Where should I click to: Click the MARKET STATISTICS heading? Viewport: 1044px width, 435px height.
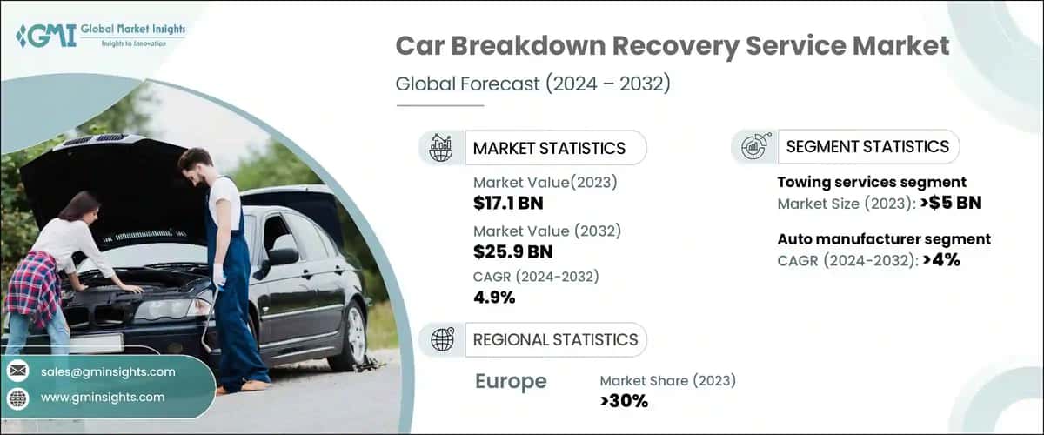tap(549, 148)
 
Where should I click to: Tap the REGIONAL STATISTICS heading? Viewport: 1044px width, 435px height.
tap(555, 339)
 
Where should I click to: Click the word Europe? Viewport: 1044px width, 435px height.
tap(511, 381)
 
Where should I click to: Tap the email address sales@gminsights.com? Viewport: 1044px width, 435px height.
tap(108, 371)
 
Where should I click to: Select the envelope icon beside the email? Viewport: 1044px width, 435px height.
tap(18, 371)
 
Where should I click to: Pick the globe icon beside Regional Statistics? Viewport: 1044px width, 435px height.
tap(442, 339)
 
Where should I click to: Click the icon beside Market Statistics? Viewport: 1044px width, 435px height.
tap(440, 148)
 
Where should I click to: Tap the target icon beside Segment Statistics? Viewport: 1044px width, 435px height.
tap(753, 146)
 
